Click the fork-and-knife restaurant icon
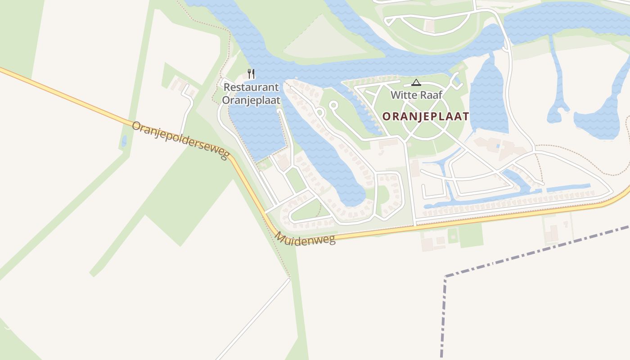tap(251, 74)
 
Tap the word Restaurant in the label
tap(251, 87)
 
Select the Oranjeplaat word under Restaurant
tap(251, 100)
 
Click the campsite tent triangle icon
tap(416, 82)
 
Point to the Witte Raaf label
tap(416, 95)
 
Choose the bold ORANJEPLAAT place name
tap(425, 117)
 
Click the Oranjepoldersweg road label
tap(180, 140)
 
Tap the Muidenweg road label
tap(306, 238)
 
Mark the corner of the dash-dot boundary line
tap(445, 276)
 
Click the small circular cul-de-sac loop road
tap(333, 105)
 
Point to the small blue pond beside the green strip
tap(124, 141)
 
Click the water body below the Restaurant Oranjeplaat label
tap(256, 130)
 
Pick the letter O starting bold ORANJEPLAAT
tap(386, 117)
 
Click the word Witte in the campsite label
tap(403, 95)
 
